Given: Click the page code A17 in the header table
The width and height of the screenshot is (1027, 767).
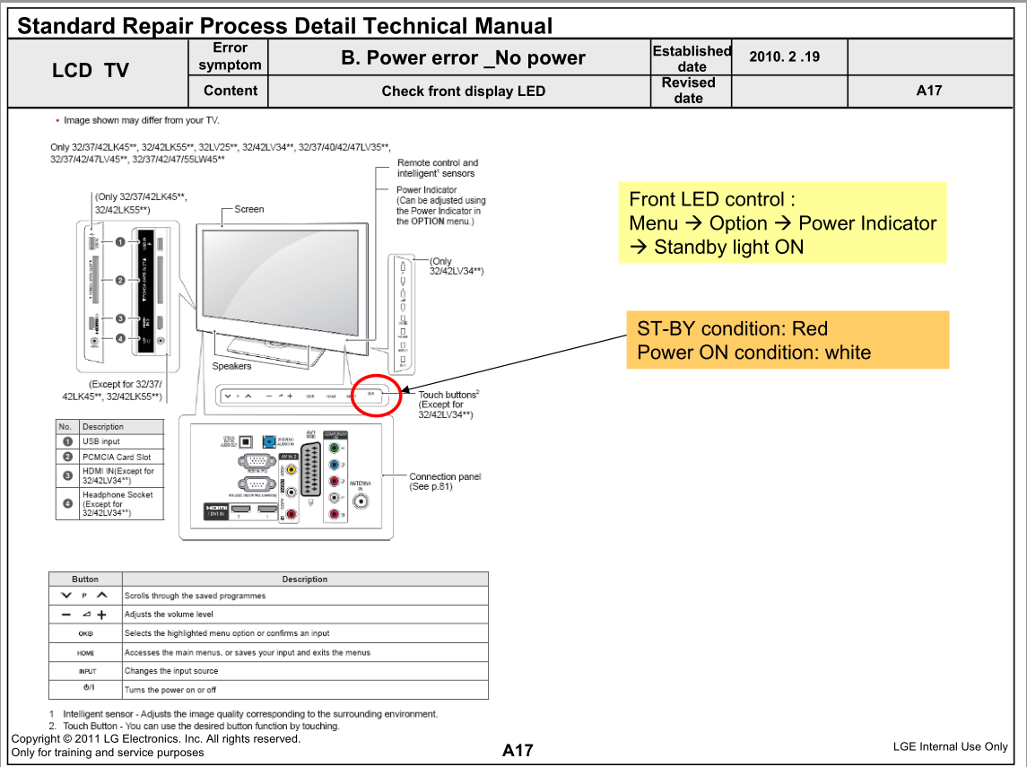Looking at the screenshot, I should tap(928, 90).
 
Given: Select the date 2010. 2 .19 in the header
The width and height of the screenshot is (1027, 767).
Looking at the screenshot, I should tap(784, 57).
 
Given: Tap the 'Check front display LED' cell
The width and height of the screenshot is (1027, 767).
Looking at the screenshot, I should tap(463, 91).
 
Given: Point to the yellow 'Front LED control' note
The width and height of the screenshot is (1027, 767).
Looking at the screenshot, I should tap(782, 222).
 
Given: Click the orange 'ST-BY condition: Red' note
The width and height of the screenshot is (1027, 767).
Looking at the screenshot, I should tap(787, 340).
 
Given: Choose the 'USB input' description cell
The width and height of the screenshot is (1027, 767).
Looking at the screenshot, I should tap(122, 441).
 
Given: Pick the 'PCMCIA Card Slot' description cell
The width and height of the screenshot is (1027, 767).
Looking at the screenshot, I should tap(122, 457).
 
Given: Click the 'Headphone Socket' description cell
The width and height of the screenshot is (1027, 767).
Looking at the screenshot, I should tap(122, 503).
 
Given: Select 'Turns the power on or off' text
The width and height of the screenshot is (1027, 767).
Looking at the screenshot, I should tap(170, 690).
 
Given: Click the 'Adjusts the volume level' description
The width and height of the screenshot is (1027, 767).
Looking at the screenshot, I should tap(169, 614).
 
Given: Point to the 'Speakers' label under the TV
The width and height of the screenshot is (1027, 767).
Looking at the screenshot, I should tap(231, 366).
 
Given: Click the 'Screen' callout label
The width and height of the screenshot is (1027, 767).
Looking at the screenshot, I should tap(249, 209).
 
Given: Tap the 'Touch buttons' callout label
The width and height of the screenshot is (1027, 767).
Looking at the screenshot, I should tap(448, 395).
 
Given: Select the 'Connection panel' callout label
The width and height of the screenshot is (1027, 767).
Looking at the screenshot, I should tap(445, 476).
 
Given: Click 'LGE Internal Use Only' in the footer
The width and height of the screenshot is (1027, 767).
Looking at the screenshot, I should tap(950, 746).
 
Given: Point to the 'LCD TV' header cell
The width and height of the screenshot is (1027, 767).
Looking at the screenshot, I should tap(91, 71).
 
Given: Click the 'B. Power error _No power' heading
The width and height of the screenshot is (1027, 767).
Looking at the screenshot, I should tap(463, 58).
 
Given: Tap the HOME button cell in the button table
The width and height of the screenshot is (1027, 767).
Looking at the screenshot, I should tap(86, 652).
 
